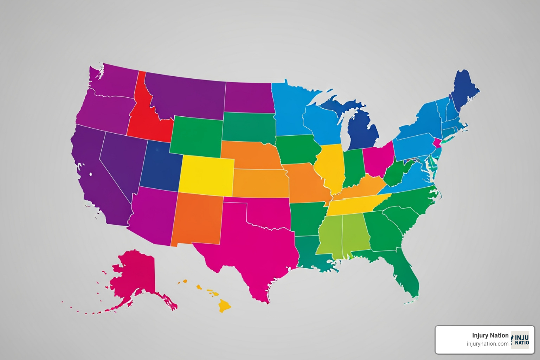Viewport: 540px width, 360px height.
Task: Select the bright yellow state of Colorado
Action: point(206,175)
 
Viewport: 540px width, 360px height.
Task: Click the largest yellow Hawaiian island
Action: point(224,305)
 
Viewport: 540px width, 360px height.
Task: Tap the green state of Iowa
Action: point(297,149)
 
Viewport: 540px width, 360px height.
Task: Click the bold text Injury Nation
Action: point(490,335)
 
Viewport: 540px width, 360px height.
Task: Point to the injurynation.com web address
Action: point(487,344)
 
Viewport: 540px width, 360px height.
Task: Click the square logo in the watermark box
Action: point(520,340)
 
